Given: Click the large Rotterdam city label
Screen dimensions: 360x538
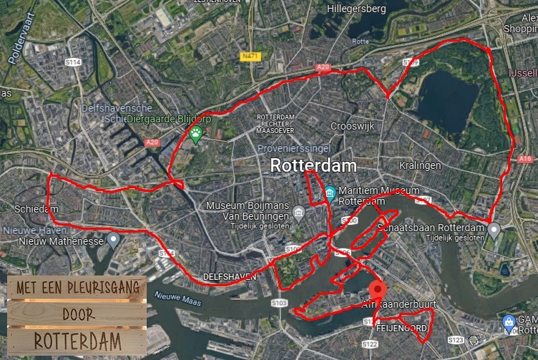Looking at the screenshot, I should [x=313, y=166].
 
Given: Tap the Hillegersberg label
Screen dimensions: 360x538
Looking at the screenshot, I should [x=356, y=9].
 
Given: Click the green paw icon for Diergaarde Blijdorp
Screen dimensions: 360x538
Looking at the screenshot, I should [x=195, y=133].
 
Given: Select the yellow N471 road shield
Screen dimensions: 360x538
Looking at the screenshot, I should [x=250, y=56].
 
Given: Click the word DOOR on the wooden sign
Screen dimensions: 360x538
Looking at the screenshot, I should [x=78, y=313].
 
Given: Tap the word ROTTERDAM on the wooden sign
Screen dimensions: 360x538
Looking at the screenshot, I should [x=77, y=339].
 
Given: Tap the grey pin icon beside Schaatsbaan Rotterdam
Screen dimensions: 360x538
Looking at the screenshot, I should [x=493, y=229].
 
